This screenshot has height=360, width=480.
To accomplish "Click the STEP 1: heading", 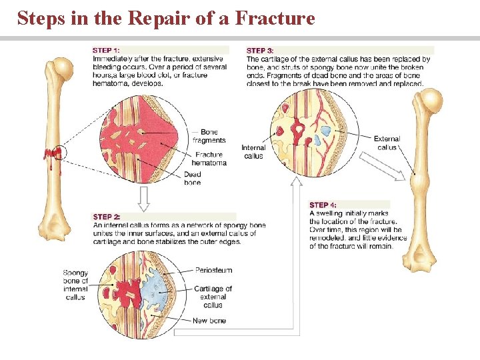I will point(107,50).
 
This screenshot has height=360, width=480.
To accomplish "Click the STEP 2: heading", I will point(107,217).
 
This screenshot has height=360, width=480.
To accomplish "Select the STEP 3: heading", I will point(260,50).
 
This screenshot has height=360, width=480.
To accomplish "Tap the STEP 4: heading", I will point(323,205).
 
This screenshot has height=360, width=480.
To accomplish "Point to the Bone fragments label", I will point(209,136).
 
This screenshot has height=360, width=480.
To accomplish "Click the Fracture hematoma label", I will point(209,159).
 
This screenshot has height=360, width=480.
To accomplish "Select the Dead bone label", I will point(192,179).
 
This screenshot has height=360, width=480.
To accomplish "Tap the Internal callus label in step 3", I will point(253,152).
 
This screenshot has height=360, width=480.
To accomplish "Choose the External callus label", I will point(387,143).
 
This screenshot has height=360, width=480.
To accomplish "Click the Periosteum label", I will point(213,270).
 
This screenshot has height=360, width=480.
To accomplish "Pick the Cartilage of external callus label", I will point(213,297).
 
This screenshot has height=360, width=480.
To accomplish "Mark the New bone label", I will point(209,321).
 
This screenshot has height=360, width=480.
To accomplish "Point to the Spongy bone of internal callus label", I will point(75,285).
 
